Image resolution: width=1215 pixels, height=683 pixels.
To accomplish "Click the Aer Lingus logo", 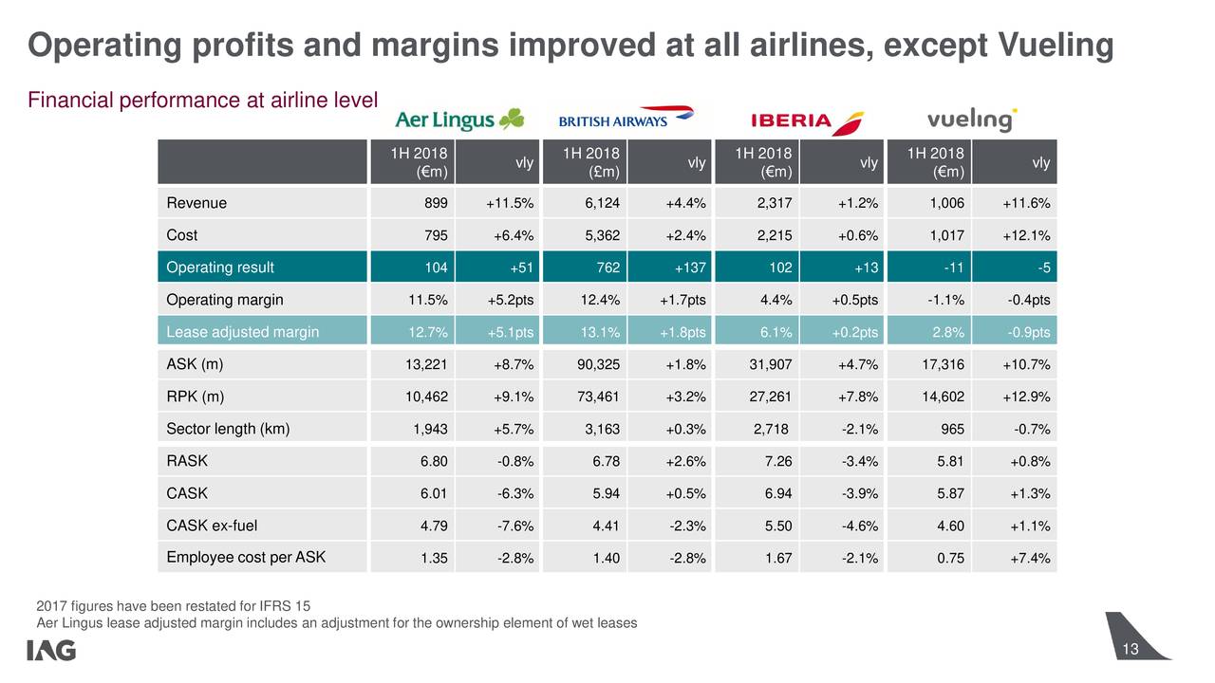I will [x=458, y=120].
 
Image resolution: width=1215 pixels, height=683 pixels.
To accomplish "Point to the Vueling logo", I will [x=971, y=120].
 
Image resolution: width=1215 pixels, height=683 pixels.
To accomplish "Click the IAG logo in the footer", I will [x=51, y=651].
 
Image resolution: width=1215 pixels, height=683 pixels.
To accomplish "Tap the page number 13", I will [x=1130, y=649].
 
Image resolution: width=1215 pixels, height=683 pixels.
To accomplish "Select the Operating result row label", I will [x=220, y=268].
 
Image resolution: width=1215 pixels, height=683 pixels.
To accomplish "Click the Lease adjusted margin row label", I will [x=242, y=332].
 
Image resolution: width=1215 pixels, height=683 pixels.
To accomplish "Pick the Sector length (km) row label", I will [x=228, y=429].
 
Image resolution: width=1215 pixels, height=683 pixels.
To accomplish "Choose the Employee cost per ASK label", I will [x=246, y=557].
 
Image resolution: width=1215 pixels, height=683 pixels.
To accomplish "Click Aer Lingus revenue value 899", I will [x=435, y=203].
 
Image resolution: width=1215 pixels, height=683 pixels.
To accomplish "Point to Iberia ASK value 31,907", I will [x=771, y=365].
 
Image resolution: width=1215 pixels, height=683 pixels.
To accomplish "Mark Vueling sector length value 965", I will [x=952, y=430].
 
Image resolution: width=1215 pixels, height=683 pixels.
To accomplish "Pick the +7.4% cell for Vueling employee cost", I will [x=1030, y=558].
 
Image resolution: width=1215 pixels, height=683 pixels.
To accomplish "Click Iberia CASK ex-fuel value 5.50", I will [x=778, y=526].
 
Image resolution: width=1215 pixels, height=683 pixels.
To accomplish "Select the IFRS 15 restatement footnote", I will [x=173, y=606].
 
